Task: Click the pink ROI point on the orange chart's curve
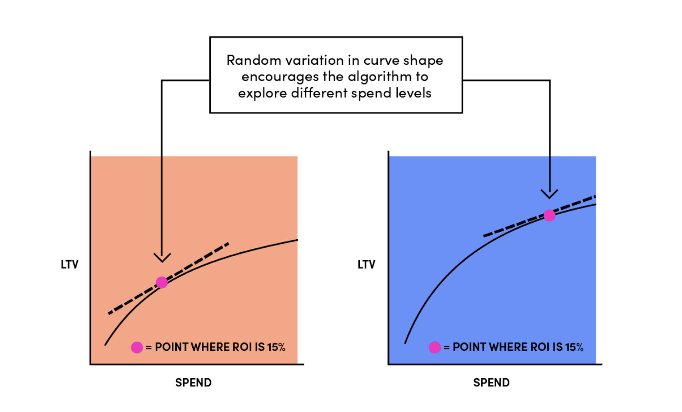(162, 283)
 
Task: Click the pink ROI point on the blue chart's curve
(550, 215)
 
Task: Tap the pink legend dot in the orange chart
(137, 347)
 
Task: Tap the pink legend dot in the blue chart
(435, 347)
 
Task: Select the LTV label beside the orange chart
(70, 265)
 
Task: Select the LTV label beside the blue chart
(366, 265)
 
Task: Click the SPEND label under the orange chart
(193, 383)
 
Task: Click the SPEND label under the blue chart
(491, 383)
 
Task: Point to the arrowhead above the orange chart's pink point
(162, 258)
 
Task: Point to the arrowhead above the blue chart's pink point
(550, 194)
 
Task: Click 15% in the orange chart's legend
(276, 347)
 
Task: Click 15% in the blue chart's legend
(574, 347)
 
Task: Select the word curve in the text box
(380, 60)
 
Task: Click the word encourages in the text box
(280, 77)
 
